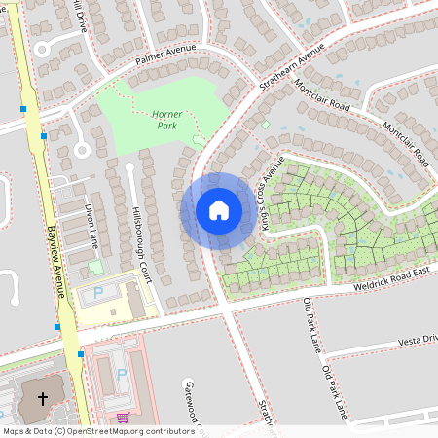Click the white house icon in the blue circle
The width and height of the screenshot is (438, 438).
pos(218,210)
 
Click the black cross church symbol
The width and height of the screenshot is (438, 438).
pos(42,398)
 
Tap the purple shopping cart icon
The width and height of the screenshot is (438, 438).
pos(122,418)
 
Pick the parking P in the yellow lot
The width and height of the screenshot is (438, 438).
pos(97,293)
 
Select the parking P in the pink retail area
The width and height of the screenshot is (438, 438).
pos(122,373)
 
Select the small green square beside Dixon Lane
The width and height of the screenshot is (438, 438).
pos(95,266)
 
